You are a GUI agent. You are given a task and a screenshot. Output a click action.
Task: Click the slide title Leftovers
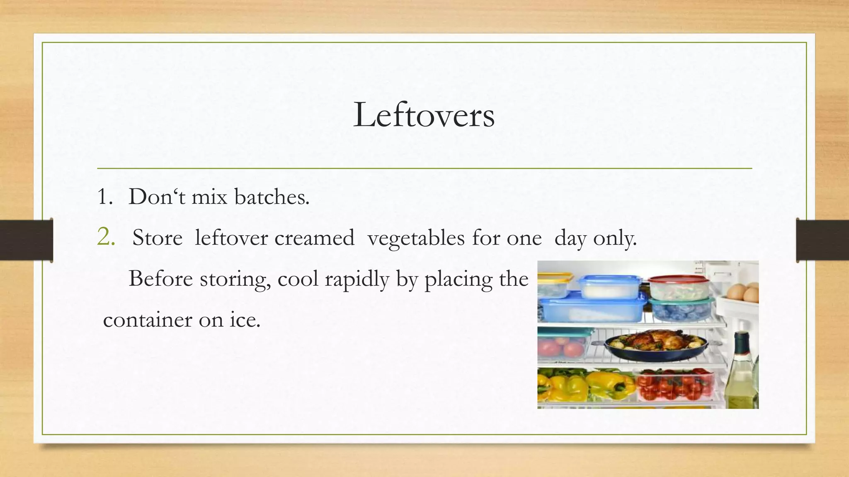[424, 115]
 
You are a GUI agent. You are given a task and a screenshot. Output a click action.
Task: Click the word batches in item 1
[272, 197]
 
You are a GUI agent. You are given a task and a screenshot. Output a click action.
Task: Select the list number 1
[104, 197]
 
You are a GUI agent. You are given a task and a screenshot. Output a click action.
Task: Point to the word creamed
[314, 238]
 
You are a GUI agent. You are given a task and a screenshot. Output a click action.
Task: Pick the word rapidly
[357, 279]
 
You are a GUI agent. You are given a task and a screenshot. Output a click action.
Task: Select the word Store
[157, 238]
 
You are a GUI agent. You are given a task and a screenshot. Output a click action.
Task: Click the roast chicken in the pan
[655, 340]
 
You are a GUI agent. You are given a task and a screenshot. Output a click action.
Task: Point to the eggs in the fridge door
[744, 292]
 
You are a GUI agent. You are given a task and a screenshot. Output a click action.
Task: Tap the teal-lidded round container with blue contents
[681, 308]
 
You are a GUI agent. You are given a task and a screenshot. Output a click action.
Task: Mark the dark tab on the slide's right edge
[822, 240]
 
